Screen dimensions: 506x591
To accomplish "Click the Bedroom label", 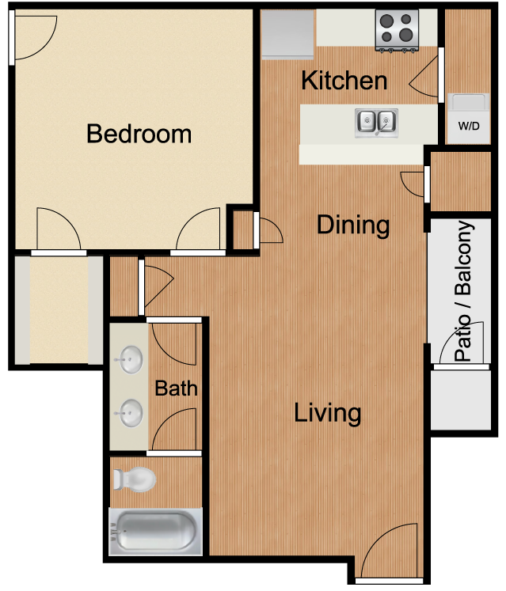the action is pyautogui.click(x=139, y=134).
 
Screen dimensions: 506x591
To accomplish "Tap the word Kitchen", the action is pyautogui.click(x=344, y=81).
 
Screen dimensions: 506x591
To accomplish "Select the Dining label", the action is pyautogui.click(x=353, y=225).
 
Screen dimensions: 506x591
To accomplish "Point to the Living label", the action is pyautogui.click(x=328, y=413).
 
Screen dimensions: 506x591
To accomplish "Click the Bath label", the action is pyautogui.click(x=177, y=388).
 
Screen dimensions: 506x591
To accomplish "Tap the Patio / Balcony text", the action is pyautogui.click(x=464, y=290).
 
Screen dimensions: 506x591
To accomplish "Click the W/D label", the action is pyautogui.click(x=469, y=126).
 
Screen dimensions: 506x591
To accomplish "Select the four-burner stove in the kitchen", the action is pyautogui.click(x=397, y=30).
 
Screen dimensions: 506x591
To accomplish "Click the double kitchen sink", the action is pyautogui.click(x=376, y=123).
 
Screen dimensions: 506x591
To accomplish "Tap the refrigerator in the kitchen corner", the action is pyautogui.click(x=287, y=35).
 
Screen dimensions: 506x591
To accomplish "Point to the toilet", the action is pyautogui.click(x=135, y=479).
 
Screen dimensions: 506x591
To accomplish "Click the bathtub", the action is pyautogui.click(x=155, y=532).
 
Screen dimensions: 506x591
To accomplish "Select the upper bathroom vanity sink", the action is pyautogui.click(x=129, y=360).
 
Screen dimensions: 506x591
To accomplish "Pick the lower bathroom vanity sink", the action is pyautogui.click(x=129, y=413).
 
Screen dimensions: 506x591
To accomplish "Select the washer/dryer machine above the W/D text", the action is pyautogui.click(x=468, y=102).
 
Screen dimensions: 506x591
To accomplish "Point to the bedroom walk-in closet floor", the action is pyautogui.click(x=59, y=310).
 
